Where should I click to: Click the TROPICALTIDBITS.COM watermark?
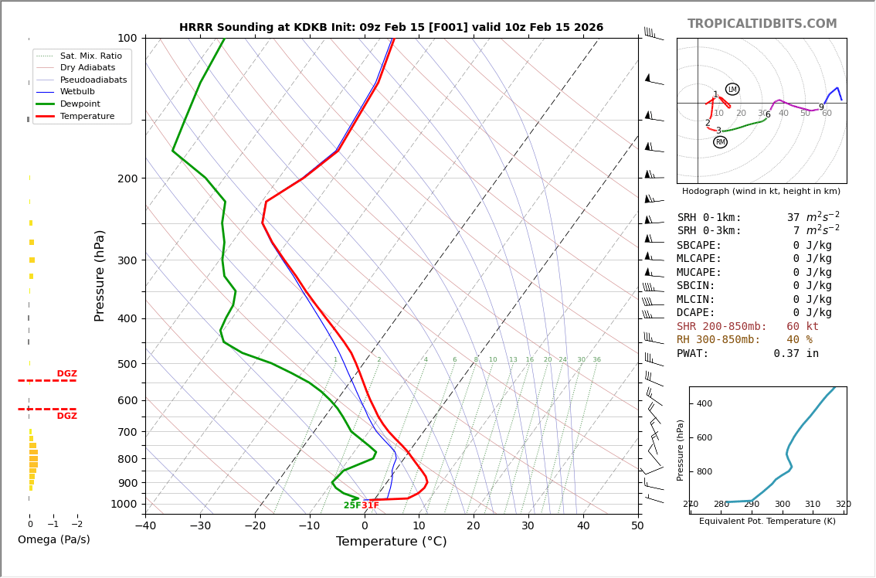pos(762,24)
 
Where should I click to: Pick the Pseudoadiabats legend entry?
pos(93,80)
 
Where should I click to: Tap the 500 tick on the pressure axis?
pos(127,364)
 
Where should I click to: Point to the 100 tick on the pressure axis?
pos(127,38)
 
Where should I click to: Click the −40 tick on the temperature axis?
pos(145,525)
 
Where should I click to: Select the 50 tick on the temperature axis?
pos(637,525)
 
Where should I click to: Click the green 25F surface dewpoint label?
pos(351,505)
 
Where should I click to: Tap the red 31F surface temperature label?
pos(371,505)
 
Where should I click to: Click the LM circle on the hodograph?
pos(732,89)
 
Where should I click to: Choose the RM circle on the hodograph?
pos(720,142)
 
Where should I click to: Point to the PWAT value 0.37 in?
pos(796,354)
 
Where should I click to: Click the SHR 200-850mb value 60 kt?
pos(803,327)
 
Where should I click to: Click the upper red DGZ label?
pos(66,374)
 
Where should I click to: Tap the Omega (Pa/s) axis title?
pos(54,540)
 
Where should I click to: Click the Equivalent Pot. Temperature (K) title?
pos(768,522)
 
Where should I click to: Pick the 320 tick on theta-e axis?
pos(843,505)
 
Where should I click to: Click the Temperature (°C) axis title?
pos(391,542)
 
